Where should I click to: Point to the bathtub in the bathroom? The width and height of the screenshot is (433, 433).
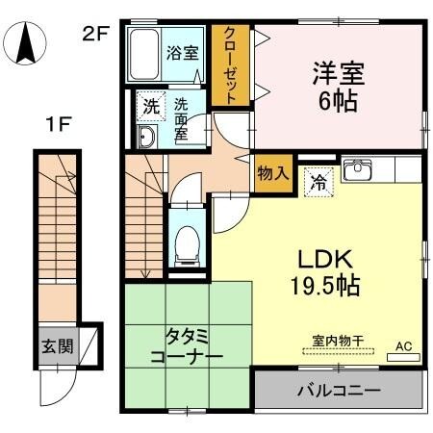(x=145, y=56)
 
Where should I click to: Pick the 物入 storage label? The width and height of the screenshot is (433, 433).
(x=272, y=173)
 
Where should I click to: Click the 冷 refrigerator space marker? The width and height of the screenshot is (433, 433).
(x=318, y=180)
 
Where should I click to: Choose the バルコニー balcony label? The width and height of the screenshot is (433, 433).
(x=337, y=392)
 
